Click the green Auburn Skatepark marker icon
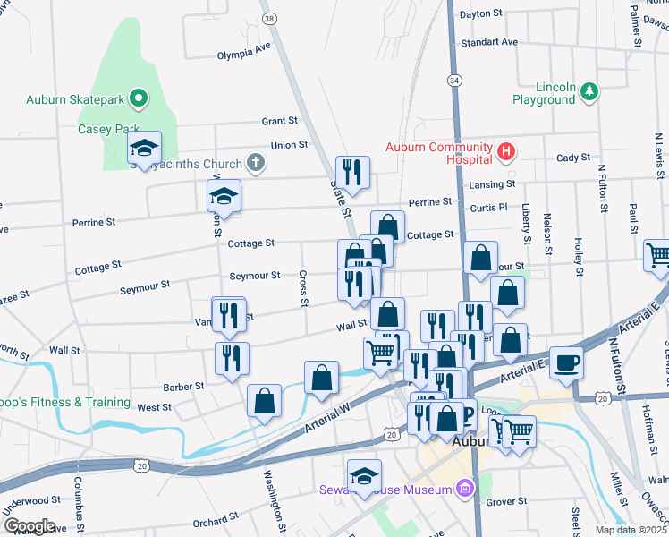139,98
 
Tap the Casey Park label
108,129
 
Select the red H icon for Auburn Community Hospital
506,152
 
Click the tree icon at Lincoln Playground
589,91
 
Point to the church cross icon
256,164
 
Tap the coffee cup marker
566,362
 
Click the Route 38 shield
268,17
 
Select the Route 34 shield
455,81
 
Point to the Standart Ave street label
488,42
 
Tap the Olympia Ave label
243,50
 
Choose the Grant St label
279,121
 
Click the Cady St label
573,157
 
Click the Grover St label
506,501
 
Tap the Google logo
30,526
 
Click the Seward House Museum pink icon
463,489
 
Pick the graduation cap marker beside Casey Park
143,151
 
